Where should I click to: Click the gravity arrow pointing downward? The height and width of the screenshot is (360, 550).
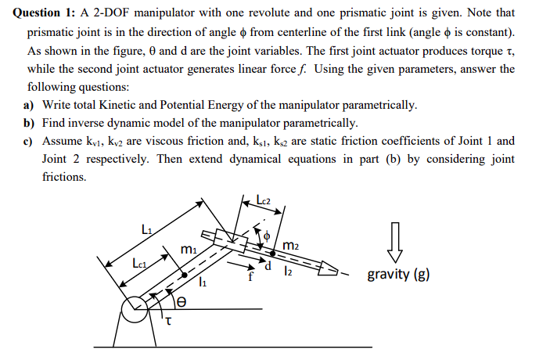click(x=395, y=240)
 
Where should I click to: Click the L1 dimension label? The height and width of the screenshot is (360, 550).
click(x=147, y=229)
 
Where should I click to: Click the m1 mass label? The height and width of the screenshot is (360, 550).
click(x=189, y=249)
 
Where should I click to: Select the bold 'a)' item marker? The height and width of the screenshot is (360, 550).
click(x=29, y=105)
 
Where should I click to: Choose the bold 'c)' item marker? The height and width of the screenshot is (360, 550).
click(x=29, y=141)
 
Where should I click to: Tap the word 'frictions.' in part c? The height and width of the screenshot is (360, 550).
click(x=64, y=177)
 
